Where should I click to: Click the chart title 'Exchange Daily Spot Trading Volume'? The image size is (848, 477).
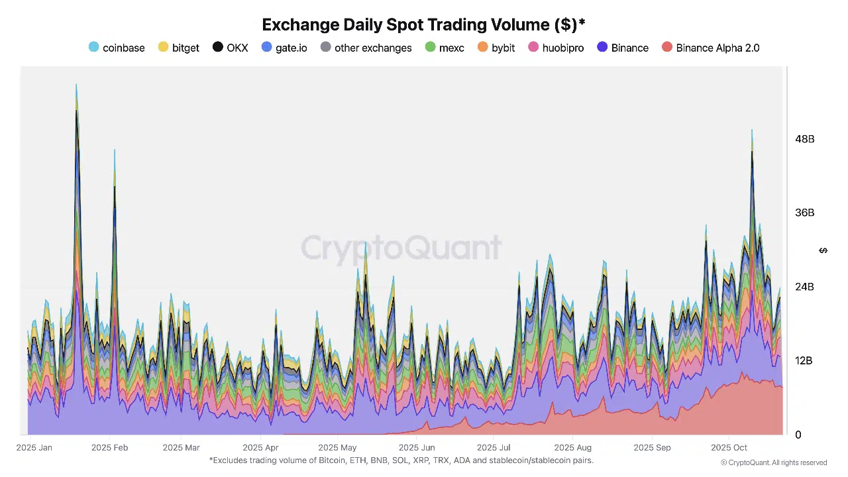coord(423,25)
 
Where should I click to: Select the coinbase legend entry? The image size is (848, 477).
coord(117,48)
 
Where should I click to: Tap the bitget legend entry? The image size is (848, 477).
coord(179,48)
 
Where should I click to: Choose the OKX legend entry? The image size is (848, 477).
coord(231,48)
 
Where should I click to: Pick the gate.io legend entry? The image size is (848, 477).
coord(285,48)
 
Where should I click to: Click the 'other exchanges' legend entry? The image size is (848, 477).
coord(366,48)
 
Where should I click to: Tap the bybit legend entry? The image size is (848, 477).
coord(496,48)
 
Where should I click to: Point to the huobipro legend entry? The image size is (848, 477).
coord(556,48)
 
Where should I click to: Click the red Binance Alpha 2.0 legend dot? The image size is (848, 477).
coord(667,48)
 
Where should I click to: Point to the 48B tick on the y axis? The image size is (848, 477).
coord(805,139)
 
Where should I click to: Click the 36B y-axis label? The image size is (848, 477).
coord(805,213)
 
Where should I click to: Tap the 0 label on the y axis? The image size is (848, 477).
coord(798,435)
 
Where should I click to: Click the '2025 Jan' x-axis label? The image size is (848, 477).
coord(34,448)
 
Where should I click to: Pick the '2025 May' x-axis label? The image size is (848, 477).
coord(337,448)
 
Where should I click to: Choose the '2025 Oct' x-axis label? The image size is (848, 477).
coord(729,448)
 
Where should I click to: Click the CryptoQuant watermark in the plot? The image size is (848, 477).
coord(401,248)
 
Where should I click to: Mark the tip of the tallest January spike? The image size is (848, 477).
coord(76,85)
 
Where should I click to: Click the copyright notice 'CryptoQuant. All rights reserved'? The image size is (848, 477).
coord(774,462)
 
